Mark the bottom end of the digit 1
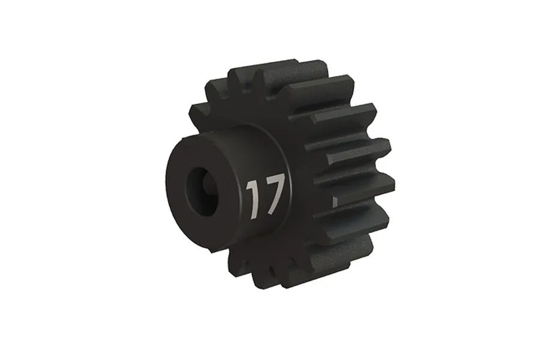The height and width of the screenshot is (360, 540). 254,215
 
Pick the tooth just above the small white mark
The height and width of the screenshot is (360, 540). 354,180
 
